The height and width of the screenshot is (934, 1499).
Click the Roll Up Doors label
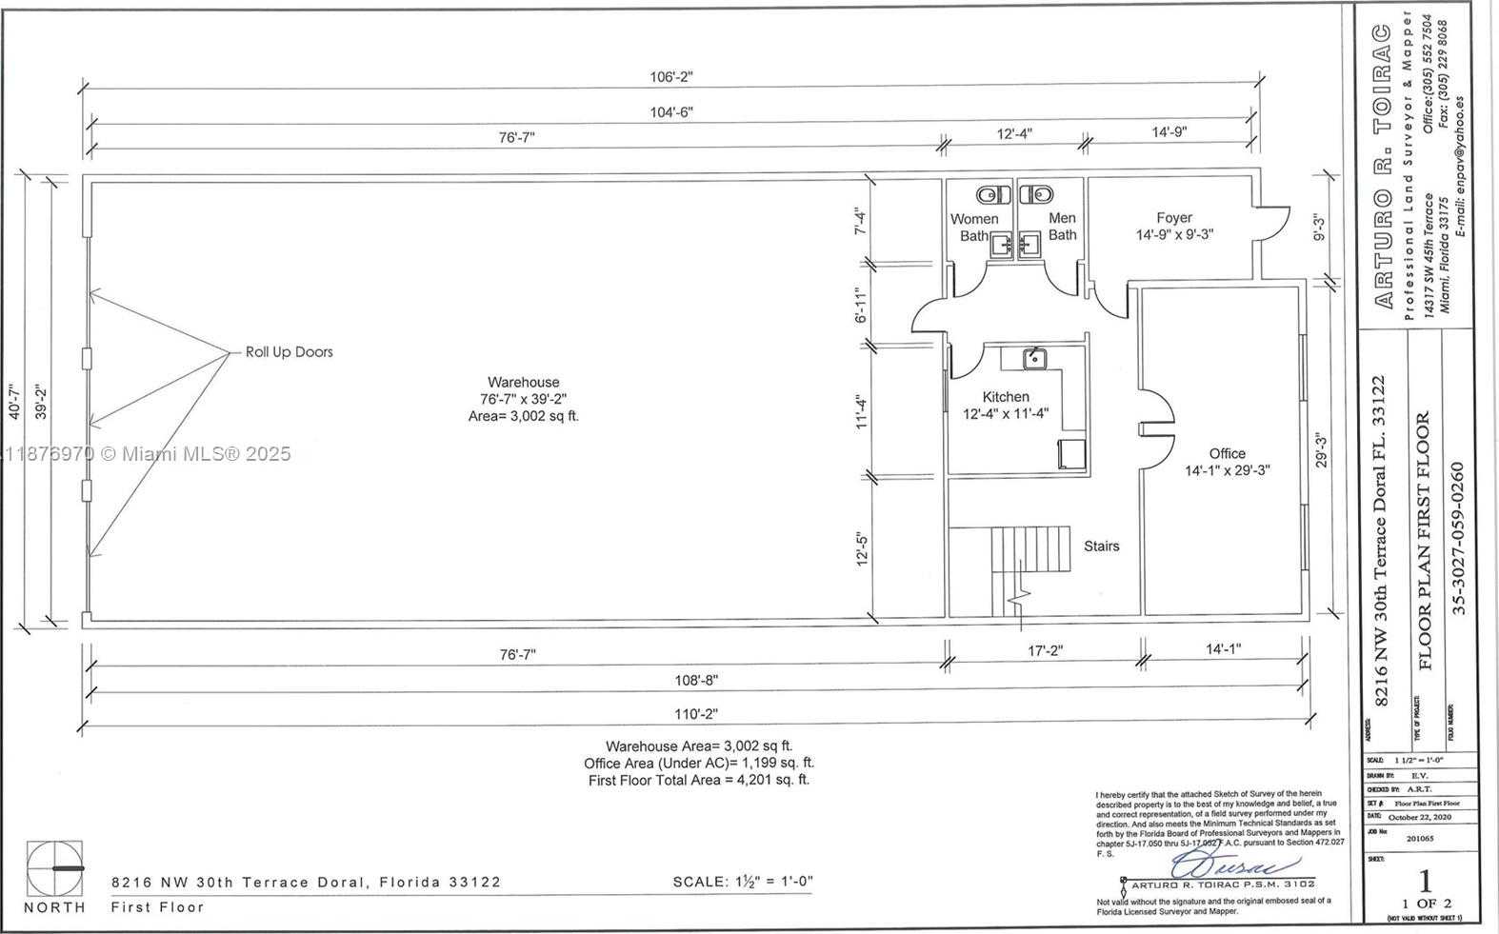coord(289,351)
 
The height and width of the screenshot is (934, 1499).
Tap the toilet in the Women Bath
coord(995,195)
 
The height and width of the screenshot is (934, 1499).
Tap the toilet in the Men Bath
coord(1035,195)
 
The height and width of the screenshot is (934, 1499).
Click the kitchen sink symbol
coord(1034,359)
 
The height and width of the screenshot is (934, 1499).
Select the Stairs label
coord(1101,546)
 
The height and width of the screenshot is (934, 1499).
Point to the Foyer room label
coord(1173,218)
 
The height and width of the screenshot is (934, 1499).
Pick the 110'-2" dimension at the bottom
coord(696,714)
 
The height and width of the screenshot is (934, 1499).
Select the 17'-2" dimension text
coord(1045,650)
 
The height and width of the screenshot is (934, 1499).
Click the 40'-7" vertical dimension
coord(15,399)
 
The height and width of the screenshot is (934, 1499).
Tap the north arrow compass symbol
coord(54,868)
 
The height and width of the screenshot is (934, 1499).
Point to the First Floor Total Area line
coord(698,780)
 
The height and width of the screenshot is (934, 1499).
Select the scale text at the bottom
coord(742,882)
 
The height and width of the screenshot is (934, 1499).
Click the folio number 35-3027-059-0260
coord(1458,539)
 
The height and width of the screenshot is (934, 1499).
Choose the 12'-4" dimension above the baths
coord(1014,134)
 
